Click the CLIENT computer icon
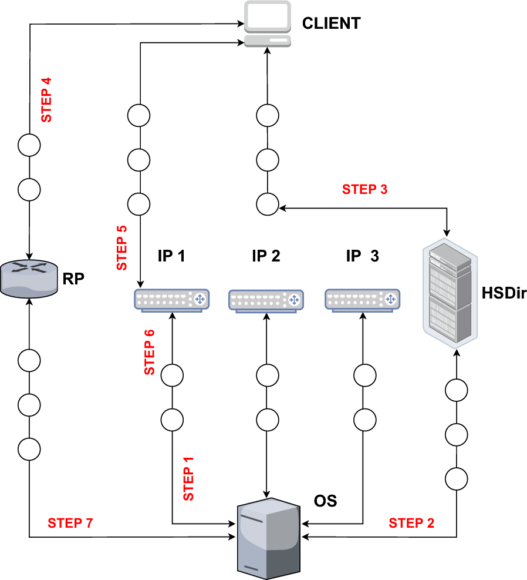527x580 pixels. pyautogui.click(x=268, y=24)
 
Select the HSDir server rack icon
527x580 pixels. pyautogui.click(x=449, y=291)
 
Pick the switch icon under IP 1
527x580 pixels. pyautogui.click(x=172, y=300)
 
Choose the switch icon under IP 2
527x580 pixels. pyautogui.click(x=266, y=300)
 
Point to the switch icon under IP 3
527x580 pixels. pyautogui.click(x=363, y=300)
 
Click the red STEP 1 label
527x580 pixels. pyautogui.click(x=188, y=478)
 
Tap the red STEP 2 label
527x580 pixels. pyautogui.click(x=411, y=523)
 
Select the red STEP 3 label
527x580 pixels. pyautogui.click(x=364, y=189)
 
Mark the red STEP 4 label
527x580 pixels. pyautogui.click(x=46, y=100)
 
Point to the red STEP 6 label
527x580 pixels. pyautogui.click(x=150, y=353)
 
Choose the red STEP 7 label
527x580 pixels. pyautogui.click(x=70, y=522)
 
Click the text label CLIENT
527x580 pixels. pyautogui.click(x=331, y=24)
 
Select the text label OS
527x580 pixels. pyautogui.click(x=326, y=501)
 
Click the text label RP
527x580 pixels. pyautogui.click(x=73, y=278)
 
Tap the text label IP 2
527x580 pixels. pyautogui.click(x=266, y=256)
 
